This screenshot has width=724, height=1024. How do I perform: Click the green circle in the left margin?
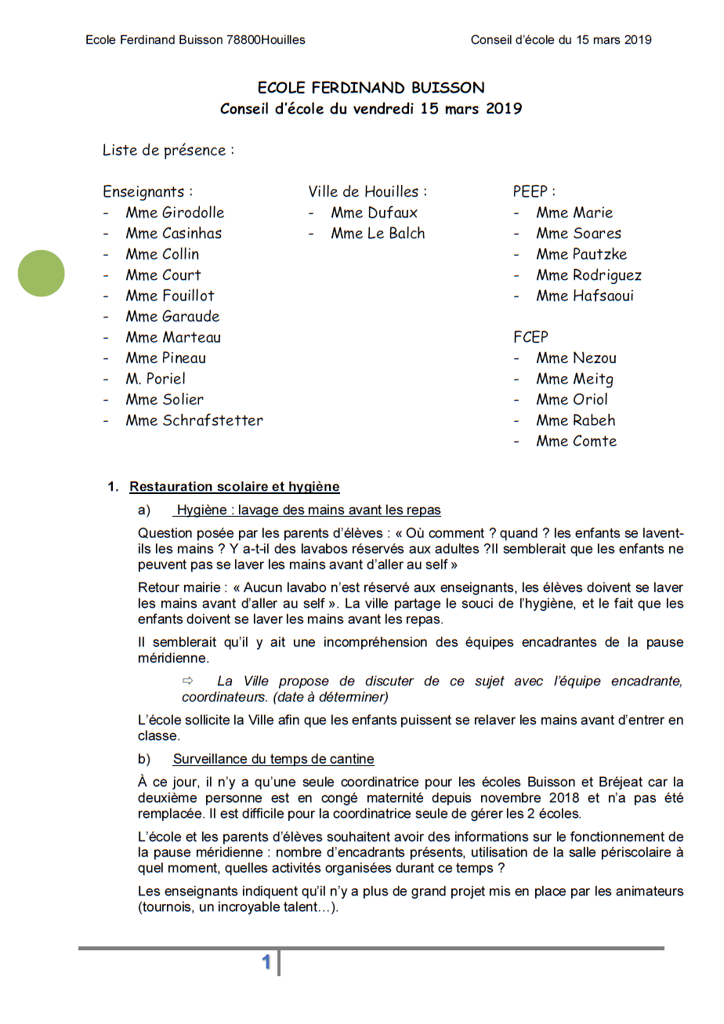pos(42,273)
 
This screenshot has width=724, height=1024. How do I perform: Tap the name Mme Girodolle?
pos(175,212)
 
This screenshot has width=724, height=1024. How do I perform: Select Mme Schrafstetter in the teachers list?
pos(194,420)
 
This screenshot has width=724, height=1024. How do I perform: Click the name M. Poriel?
pos(156,379)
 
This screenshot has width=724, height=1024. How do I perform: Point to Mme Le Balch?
pos(378,233)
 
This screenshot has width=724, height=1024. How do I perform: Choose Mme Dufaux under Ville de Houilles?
pos(374,212)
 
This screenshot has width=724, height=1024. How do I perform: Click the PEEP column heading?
pos(534,191)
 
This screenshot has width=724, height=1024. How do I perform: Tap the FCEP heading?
pos(530,337)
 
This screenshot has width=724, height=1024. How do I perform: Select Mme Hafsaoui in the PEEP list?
pos(585,296)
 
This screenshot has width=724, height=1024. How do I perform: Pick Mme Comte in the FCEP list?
pos(576,441)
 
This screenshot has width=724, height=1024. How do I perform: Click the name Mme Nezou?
pos(576,358)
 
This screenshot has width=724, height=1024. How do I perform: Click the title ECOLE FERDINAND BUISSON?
pos(371,88)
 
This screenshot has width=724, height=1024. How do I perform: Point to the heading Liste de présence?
pos(168,150)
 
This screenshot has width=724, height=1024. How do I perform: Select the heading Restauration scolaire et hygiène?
pos(234,487)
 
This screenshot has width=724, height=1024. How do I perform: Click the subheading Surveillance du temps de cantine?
pos(273,759)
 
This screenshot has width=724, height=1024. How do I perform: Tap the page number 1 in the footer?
pos(266,962)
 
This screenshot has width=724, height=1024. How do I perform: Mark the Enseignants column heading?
pos(147,191)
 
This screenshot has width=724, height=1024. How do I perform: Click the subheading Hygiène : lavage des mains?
pos(308,510)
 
